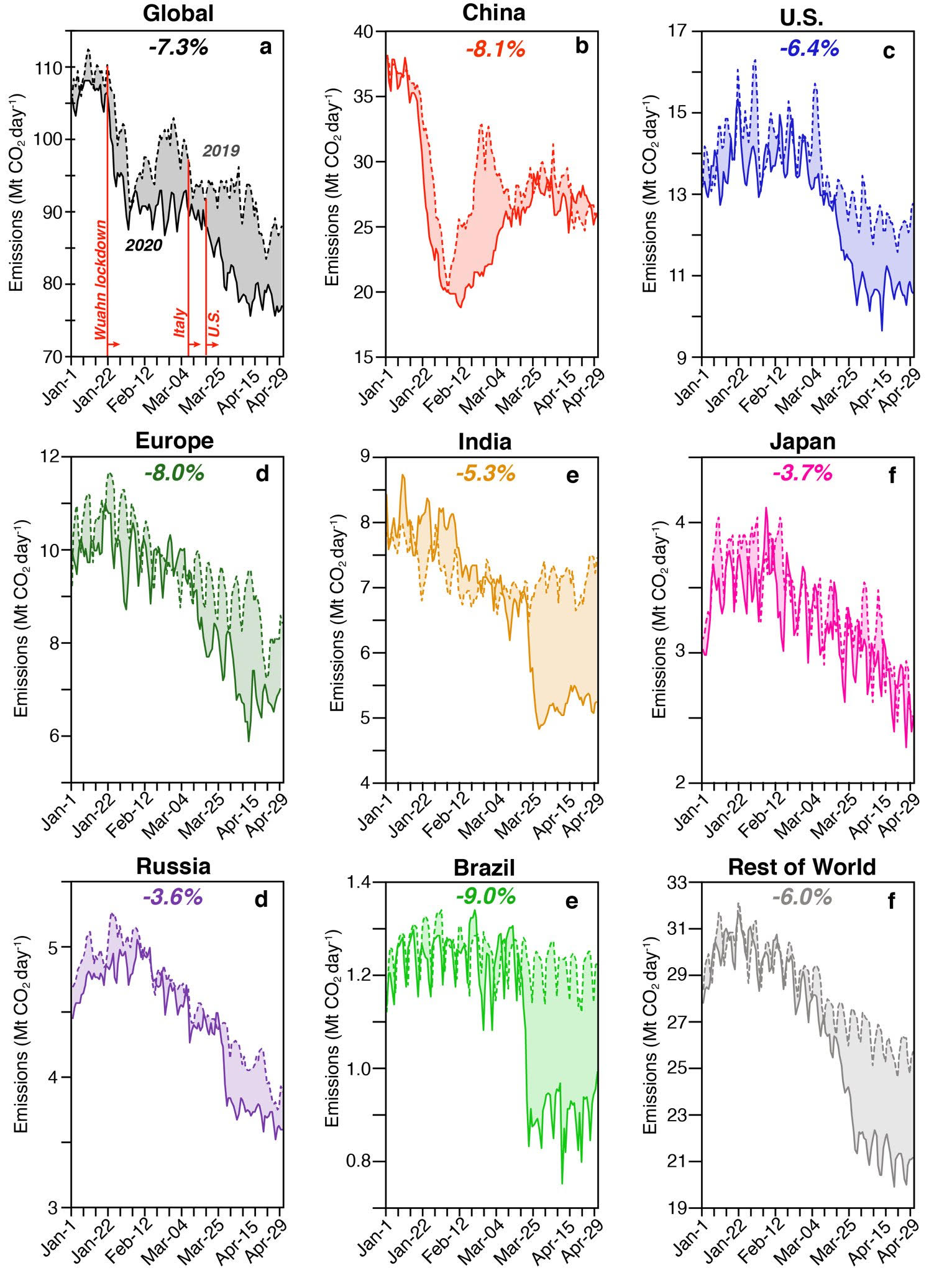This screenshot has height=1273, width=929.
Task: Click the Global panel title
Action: [178, 14]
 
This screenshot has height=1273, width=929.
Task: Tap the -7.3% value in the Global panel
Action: [178, 47]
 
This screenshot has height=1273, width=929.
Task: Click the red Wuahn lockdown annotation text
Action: [101, 279]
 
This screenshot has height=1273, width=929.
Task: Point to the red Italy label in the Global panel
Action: [180, 323]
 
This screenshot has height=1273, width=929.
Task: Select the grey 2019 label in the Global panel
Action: [221, 151]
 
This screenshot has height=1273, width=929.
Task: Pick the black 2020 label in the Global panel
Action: [144, 246]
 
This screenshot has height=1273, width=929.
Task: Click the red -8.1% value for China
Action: [496, 48]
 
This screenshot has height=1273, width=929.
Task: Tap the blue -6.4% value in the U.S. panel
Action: [810, 48]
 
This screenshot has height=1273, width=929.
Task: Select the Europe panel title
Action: [175, 441]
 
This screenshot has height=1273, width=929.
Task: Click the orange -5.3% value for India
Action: [486, 474]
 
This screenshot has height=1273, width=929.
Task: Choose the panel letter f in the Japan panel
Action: [892, 476]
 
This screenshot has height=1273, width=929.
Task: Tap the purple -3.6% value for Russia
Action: [173, 897]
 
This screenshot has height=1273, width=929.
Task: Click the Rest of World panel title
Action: [802, 867]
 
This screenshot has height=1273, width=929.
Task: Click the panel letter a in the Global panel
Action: [265, 47]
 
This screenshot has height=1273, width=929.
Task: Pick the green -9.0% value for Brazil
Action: [486, 896]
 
